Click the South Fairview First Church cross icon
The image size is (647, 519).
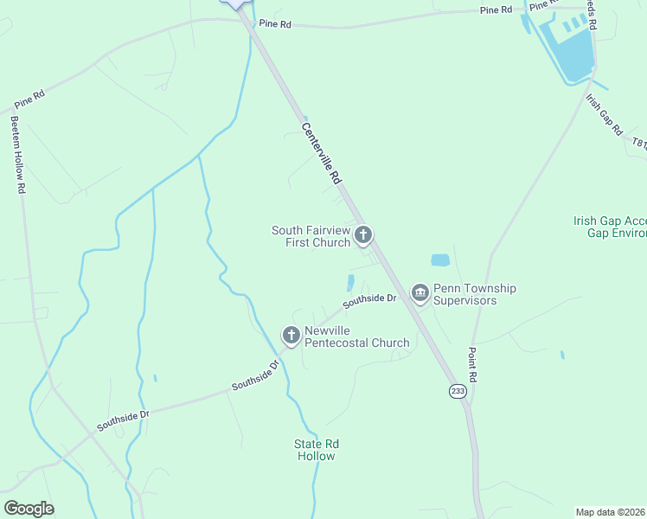tap(364, 234)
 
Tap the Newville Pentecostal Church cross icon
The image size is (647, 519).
tap(291, 335)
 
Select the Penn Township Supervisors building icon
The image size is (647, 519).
tap(420, 294)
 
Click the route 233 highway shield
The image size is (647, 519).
tap(458, 392)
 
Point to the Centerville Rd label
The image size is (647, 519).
tap(321, 152)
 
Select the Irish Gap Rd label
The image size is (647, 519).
tap(604, 114)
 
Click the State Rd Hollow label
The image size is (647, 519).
tap(316, 450)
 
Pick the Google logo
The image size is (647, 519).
tap(29, 509)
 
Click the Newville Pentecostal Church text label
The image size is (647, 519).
tap(356, 336)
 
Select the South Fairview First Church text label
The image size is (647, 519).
tap(312, 236)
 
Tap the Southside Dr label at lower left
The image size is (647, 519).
tap(123, 420)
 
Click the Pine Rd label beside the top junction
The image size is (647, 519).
tap(273, 25)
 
